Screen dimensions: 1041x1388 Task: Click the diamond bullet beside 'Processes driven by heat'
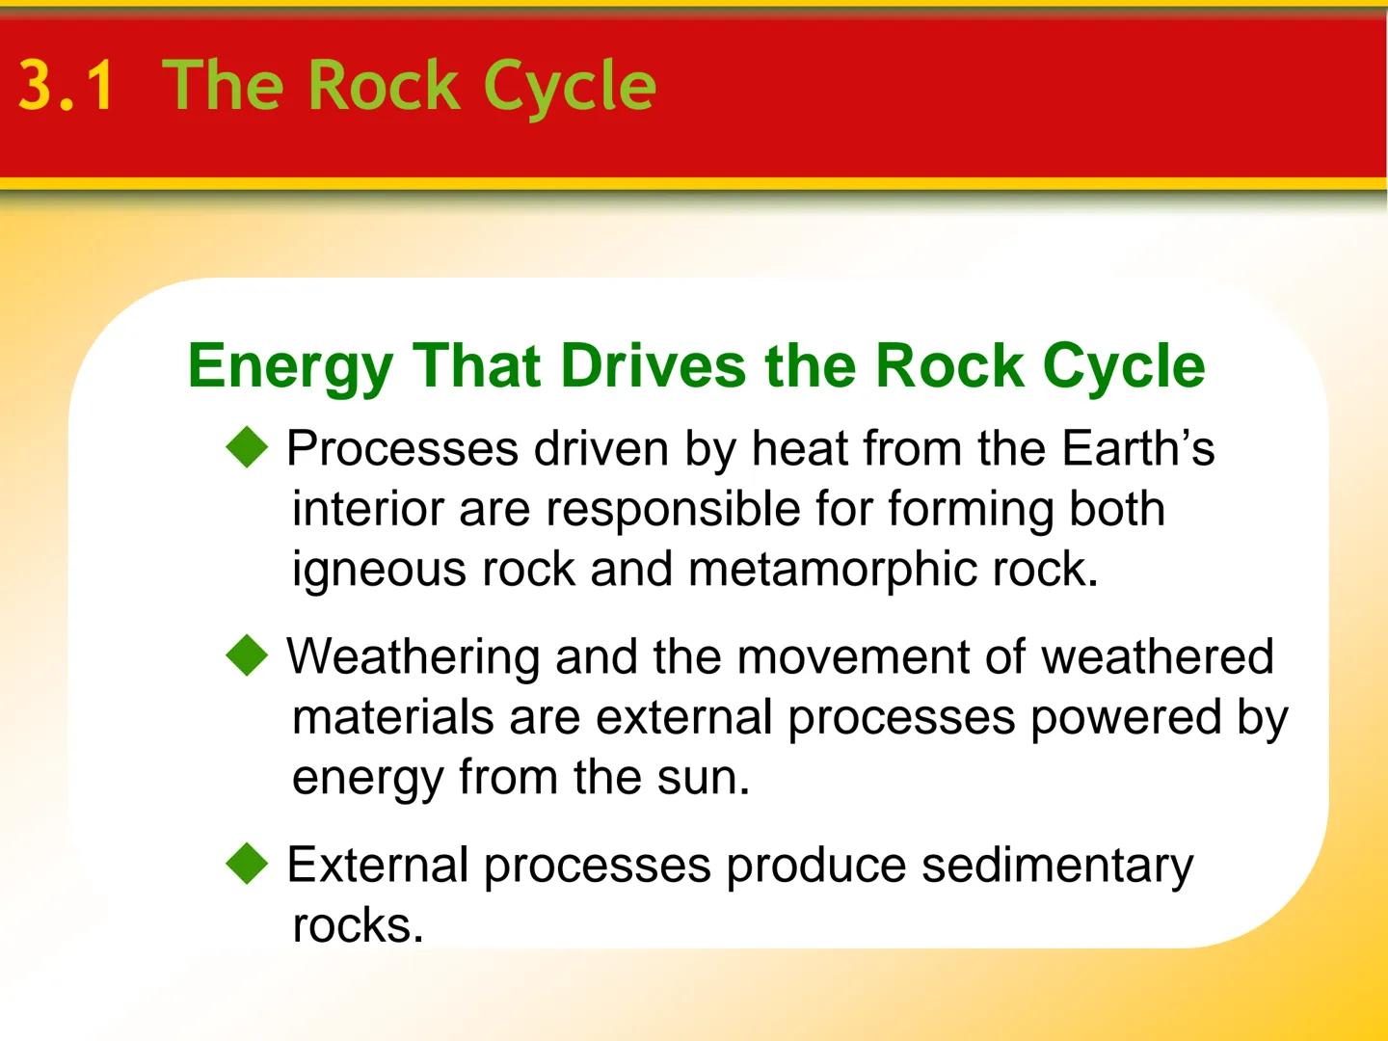click(x=248, y=448)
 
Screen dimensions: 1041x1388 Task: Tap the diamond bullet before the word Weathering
click(x=248, y=656)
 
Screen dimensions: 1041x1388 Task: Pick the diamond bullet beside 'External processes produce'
click(x=248, y=865)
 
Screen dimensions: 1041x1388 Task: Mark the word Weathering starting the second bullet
click(x=413, y=656)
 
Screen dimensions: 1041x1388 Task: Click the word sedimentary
click(x=1056, y=865)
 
